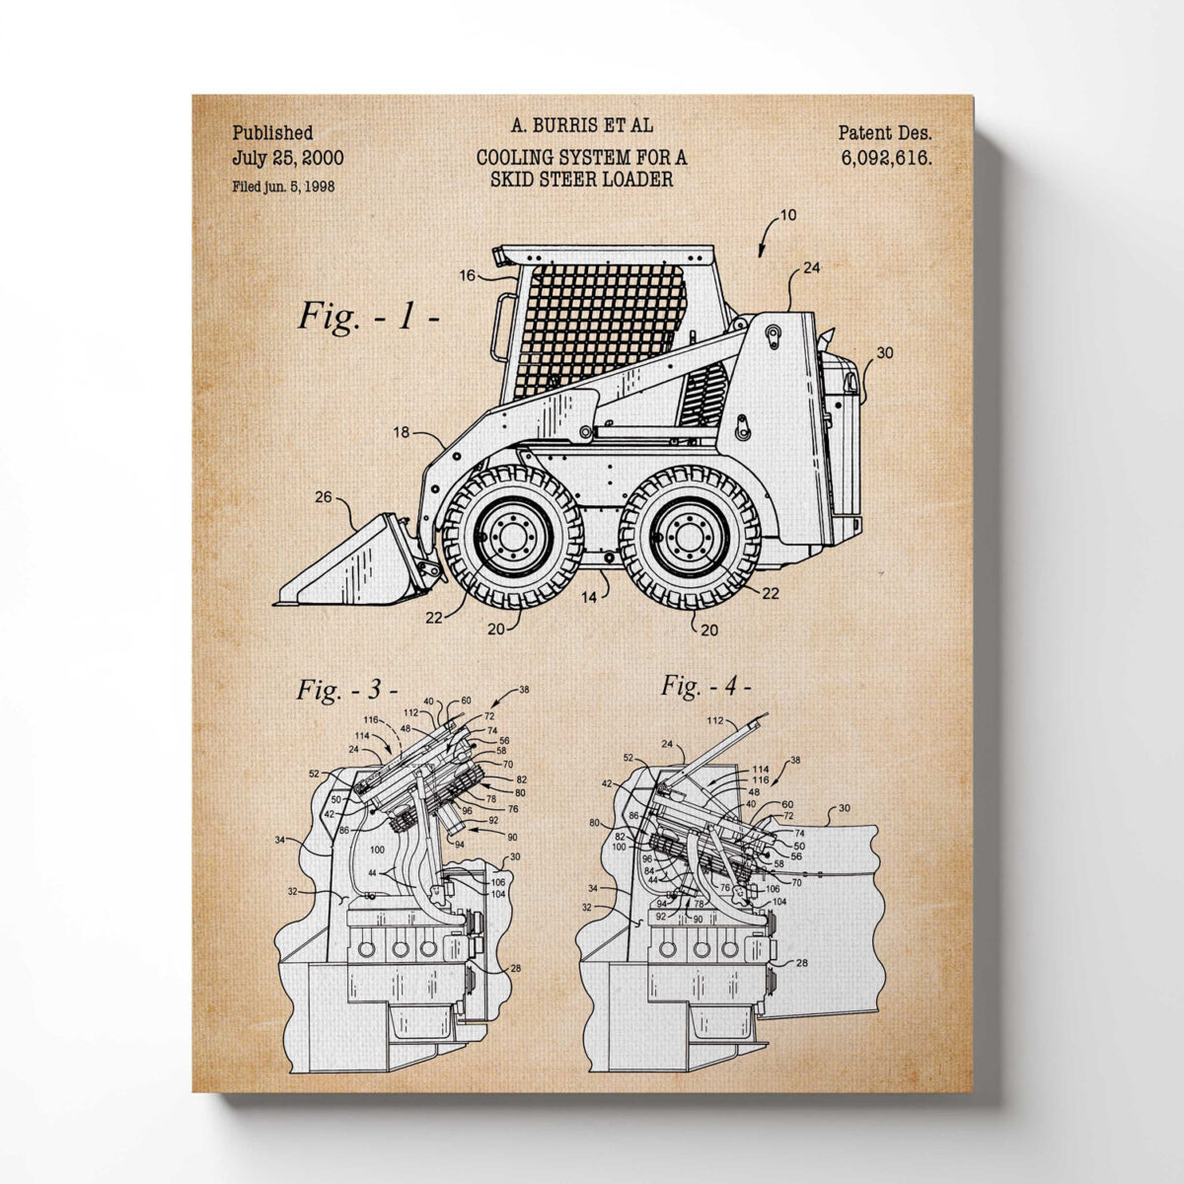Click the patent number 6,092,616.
(886, 157)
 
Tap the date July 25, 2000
(288, 157)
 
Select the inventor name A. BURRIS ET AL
(582, 125)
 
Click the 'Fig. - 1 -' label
(368, 318)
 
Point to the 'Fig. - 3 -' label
(346, 689)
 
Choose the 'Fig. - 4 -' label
(705, 685)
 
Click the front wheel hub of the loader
(511, 536)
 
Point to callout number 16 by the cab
(467, 275)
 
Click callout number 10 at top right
(787, 215)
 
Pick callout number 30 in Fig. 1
(884, 352)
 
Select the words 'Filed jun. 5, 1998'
(283, 186)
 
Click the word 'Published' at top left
(273, 132)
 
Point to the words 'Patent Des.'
(884, 132)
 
